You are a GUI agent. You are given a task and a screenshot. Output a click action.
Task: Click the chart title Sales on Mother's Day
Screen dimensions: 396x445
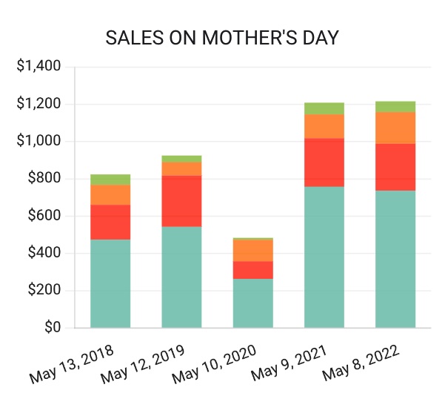[x=222, y=39]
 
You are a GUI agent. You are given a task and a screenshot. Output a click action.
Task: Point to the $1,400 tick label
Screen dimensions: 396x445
[x=39, y=67]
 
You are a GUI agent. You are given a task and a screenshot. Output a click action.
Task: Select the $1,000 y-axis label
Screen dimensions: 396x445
[x=39, y=142]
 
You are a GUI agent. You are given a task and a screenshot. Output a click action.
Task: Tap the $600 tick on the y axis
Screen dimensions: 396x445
[x=44, y=217]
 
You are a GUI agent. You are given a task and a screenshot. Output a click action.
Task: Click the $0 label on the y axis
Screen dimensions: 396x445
[x=52, y=328]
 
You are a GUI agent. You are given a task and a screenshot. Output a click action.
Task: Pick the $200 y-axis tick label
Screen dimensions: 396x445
[x=44, y=291]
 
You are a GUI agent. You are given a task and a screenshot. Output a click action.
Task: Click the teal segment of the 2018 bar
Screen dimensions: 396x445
[x=110, y=283]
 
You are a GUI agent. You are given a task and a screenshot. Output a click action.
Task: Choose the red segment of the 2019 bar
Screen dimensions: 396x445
[x=181, y=201]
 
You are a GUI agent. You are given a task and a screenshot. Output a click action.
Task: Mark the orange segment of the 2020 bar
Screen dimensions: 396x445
[x=252, y=250]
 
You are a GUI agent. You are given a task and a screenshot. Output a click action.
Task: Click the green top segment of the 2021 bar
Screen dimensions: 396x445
[x=324, y=108]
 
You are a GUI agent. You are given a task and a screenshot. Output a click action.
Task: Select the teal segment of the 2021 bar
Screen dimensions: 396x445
[x=324, y=257]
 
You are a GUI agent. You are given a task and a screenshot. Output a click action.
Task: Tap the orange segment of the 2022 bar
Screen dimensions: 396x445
[x=395, y=128]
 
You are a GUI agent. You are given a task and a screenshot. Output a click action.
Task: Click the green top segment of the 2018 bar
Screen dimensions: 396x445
[x=110, y=179]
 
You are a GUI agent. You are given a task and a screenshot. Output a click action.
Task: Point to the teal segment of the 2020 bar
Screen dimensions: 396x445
[x=252, y=303]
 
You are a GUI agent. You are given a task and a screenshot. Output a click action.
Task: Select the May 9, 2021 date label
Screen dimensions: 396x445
[x=287, y=363]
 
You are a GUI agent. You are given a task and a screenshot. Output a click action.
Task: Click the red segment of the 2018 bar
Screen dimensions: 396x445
[x=110, y=222]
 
